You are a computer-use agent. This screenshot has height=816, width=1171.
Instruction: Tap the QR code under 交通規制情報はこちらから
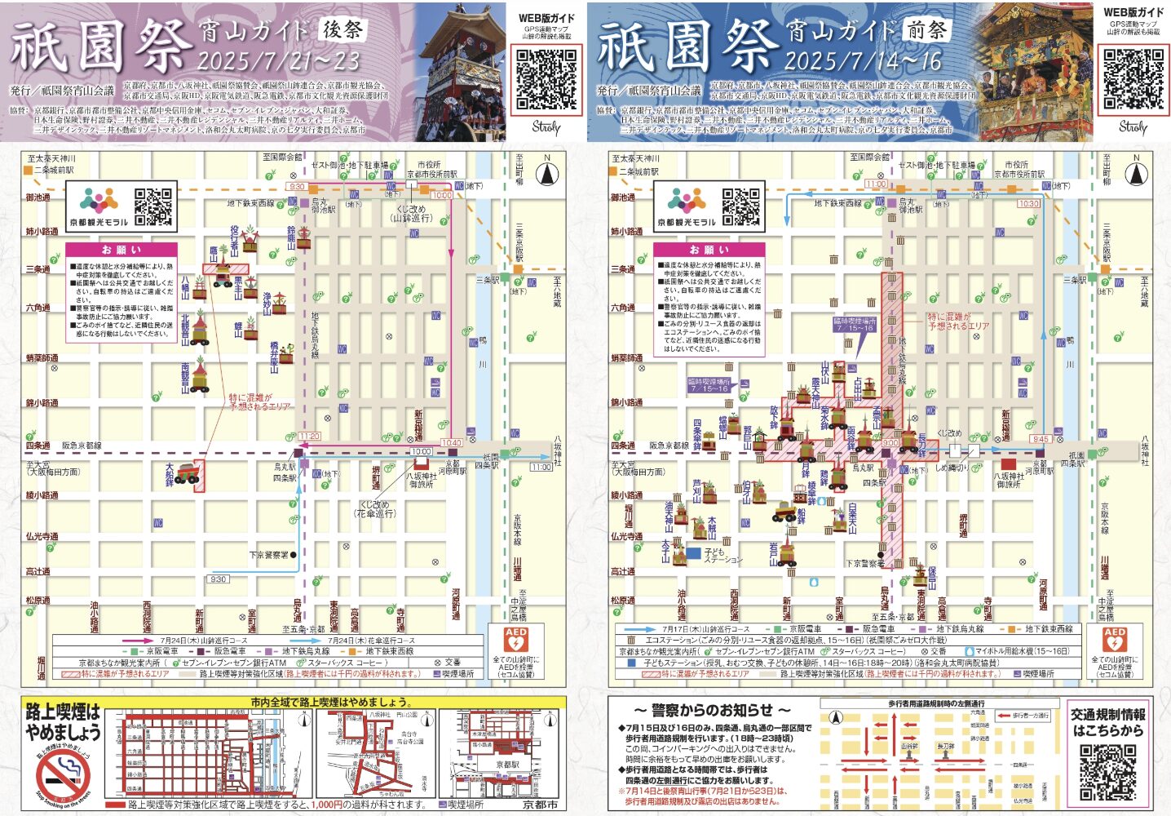pos(1107,772)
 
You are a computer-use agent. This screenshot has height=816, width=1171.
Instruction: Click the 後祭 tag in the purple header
pos(343,30)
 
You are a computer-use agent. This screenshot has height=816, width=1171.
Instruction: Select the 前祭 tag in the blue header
pos(926,30)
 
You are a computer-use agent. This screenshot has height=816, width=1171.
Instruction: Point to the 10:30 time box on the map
pos(1028,204)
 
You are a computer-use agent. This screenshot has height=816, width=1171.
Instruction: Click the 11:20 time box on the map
pos(309,437)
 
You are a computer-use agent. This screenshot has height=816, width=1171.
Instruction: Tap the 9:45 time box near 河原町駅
pos(1041,439)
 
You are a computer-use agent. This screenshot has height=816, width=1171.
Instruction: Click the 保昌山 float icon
pos(921,576)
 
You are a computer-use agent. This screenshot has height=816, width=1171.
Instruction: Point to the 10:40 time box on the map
pos(451,443)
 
